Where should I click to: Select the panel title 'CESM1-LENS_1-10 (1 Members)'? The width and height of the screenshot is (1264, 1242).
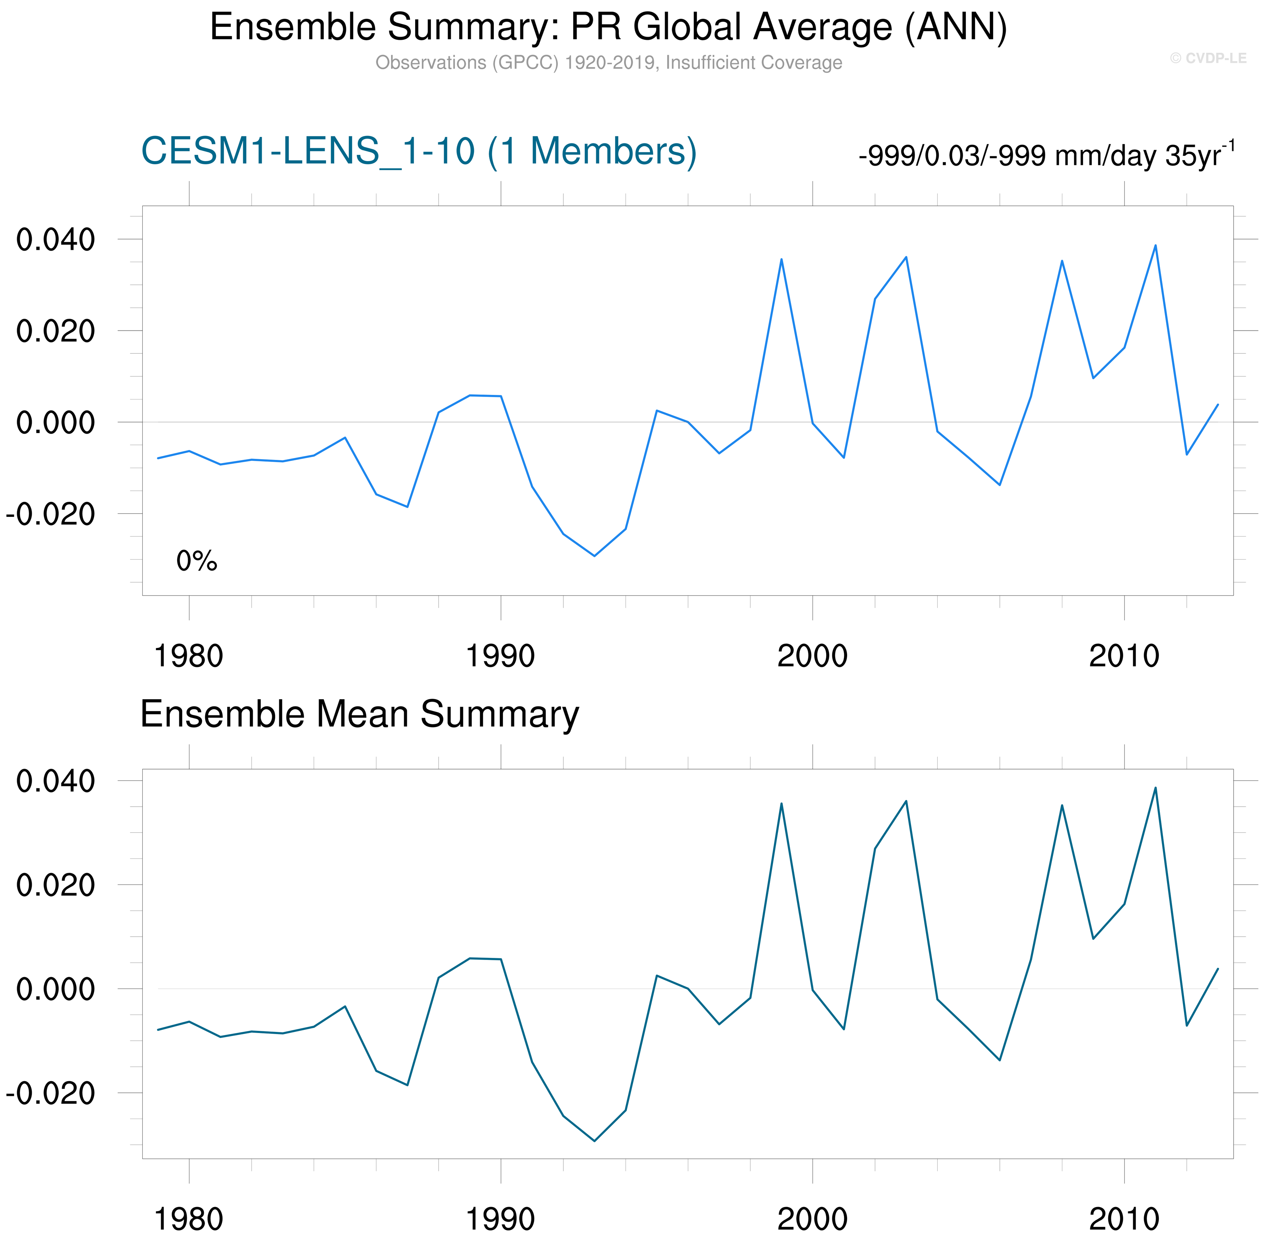coord(419,151)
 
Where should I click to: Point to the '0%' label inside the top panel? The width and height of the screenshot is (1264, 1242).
coord(196,561)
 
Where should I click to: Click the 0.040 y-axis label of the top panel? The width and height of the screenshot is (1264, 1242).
coord(56,240)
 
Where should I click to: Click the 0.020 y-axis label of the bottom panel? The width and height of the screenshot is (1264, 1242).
coord(56,885)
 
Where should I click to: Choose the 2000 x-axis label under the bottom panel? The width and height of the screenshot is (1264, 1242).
coord(812,1219)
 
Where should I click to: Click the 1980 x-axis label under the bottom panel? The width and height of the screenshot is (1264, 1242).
coord(188,1219)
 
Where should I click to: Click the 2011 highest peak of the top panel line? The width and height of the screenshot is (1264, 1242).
coord(1155,246)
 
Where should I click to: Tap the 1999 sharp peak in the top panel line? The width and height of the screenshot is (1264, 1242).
coord(781,260)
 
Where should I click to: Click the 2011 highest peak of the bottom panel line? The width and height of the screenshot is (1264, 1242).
coord(1155,788)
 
